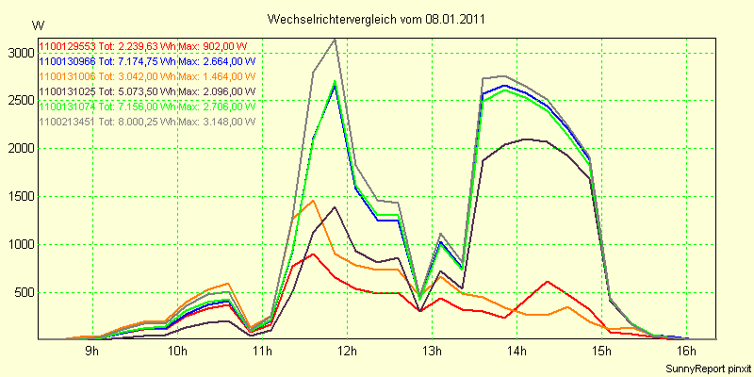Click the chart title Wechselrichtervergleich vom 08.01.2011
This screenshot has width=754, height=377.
click(377, 19)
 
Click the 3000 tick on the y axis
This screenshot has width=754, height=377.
click(19, 52)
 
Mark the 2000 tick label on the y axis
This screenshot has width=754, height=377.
click(19, 148)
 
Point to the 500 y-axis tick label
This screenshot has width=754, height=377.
click(23, 292)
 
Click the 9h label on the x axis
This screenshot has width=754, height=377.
click(91, 352)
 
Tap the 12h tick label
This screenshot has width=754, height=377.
click(347, 352)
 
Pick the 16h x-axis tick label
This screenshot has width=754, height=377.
click(687, 352)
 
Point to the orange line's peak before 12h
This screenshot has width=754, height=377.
click(313, 200)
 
